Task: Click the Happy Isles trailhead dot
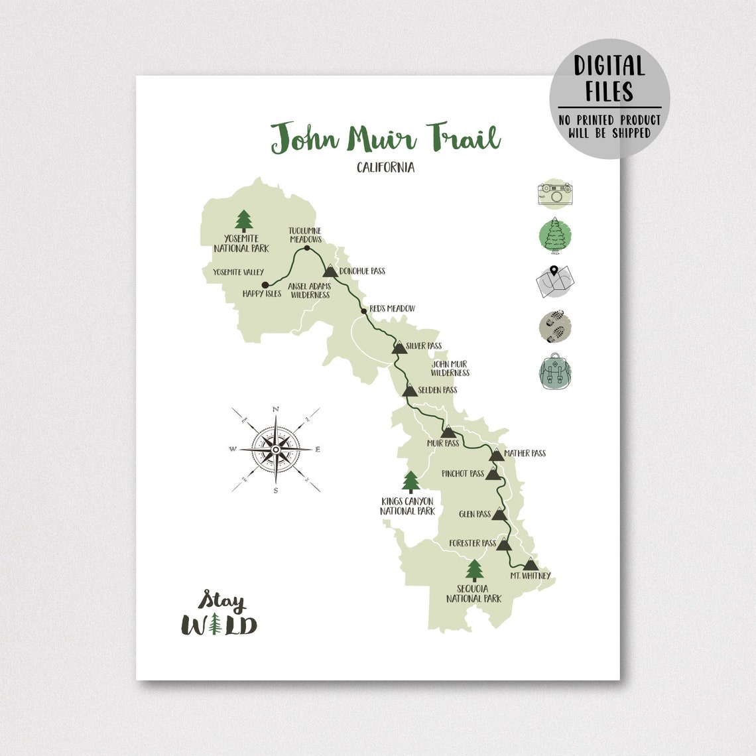265,285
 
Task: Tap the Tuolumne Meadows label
305,235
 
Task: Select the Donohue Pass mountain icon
330,271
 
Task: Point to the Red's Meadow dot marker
363,311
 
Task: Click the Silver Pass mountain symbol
399,347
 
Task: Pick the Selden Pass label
437,390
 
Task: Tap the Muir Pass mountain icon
448,432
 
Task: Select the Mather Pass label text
525,454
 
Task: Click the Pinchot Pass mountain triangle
492,473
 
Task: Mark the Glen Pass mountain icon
499,514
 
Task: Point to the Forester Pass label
472,544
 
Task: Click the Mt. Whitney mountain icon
529,564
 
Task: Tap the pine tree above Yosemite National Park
244,221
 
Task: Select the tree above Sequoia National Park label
474,570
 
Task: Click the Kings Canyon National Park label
407,506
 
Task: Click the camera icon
555,195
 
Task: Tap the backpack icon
555,371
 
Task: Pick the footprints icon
555,326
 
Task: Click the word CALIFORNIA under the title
385,168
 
